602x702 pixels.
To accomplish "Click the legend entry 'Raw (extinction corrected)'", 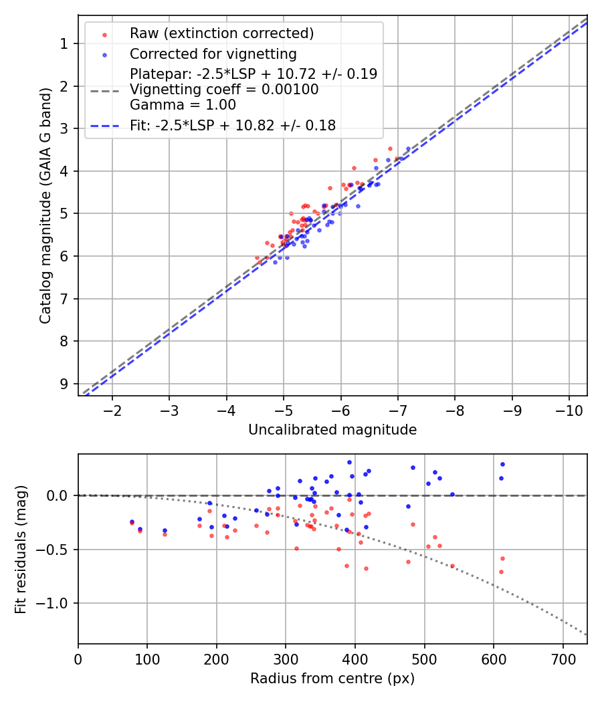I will (x=221, y=33).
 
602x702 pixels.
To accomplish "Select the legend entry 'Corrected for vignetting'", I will (x=213, y=53).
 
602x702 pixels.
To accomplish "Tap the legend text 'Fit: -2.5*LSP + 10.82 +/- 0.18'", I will (x=233, y=125).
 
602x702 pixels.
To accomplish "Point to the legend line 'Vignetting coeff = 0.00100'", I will (x=224, y=90).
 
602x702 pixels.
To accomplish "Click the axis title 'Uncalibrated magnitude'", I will (x=332, y=430).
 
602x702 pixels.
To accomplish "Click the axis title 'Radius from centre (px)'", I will (x=332, y=679).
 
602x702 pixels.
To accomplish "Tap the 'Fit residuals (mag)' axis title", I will (x=21, y=550).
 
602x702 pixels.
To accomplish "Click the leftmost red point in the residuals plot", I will (x=132, y=523).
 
